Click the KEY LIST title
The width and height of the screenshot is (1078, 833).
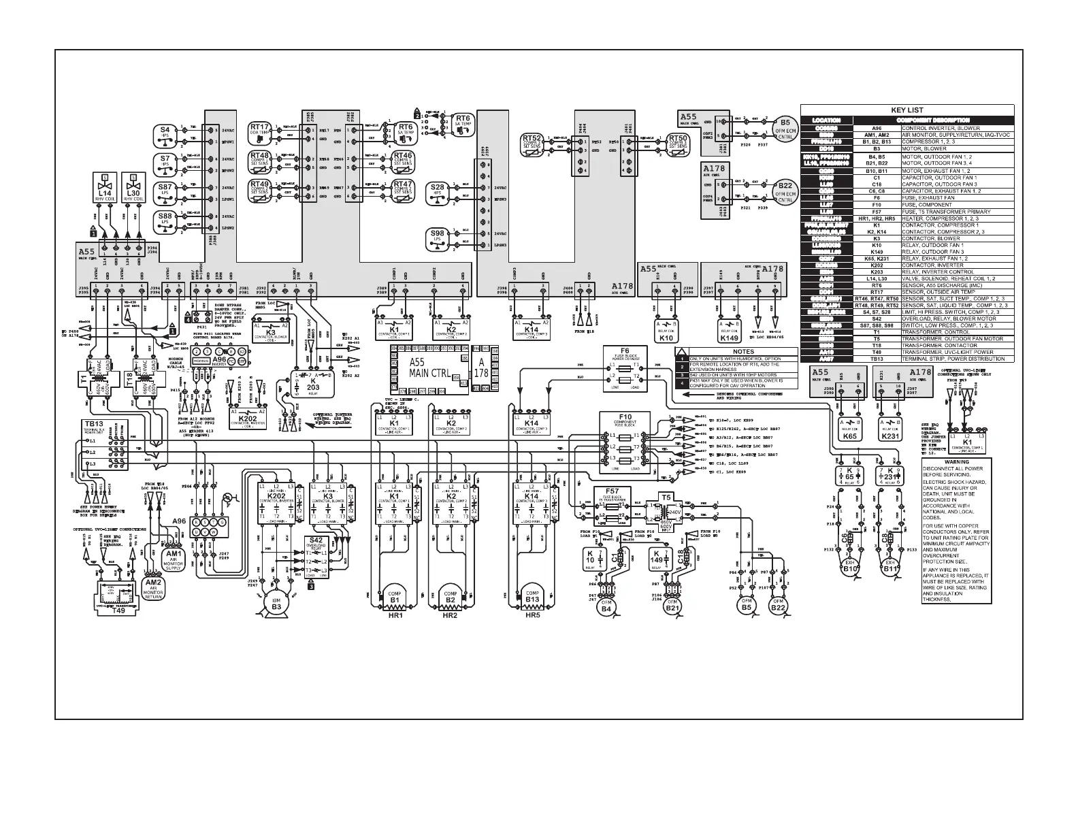(x=906, y=110)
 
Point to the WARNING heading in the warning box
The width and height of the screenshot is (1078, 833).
(x=955, y=461)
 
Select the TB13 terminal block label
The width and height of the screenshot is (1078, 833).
(x=86, y=423)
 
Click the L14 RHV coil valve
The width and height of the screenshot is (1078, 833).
(x=105, y=188)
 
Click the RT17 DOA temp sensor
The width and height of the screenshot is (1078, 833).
(x=260, y=129)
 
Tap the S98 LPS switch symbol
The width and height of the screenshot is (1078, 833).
(x=438, y=236)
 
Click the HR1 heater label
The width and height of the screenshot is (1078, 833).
(x=395, y=615)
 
